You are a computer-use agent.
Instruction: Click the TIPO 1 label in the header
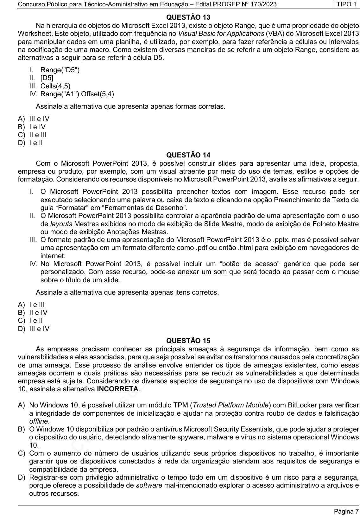pos(346,4)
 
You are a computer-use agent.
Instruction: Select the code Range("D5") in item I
pos(60,70)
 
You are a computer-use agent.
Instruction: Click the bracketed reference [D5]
pos(47,78)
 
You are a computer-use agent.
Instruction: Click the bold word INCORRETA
pos(118,389)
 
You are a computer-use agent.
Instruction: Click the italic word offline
pos(39,421)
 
